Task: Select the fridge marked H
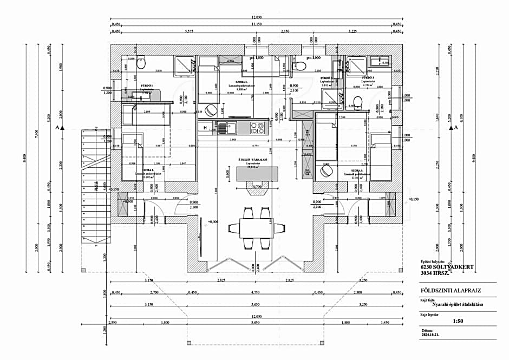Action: pos(206,128)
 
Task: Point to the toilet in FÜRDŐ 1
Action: pos(141,64)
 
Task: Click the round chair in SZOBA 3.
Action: pos(327,171)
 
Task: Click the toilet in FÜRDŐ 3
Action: pos(356,101)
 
